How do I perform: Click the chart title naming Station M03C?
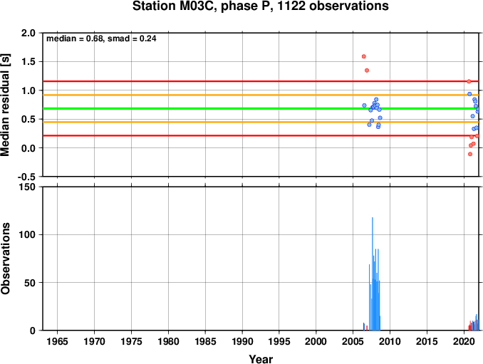coord(260,6)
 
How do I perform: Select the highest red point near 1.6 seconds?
coord(364,56)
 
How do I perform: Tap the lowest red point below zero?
coord(470,154)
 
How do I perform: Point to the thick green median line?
coord(261,108)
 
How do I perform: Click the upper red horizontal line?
coord(261,81)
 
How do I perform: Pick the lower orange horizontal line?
coord(261,122)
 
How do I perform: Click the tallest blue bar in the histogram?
coord(373,274)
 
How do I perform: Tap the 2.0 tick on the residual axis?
coord(28,33)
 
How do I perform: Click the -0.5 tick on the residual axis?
coord(26,177)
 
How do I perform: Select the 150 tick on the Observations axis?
coord(27,187)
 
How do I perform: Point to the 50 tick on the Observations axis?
coord(30,283)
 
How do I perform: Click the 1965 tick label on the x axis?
coord(57,341)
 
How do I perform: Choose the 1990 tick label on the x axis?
coord(242,341)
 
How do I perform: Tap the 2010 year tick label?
coord(390,341)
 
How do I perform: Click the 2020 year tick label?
coord(464,341)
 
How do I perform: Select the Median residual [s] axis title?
coord(5,105)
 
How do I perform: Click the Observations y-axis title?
coord(5,259)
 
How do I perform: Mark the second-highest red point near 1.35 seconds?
coord(367,71)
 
